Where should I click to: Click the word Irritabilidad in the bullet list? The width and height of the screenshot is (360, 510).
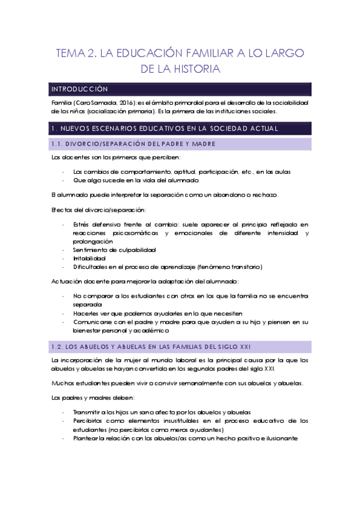[89, 258]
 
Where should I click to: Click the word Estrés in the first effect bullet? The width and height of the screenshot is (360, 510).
[81, 224]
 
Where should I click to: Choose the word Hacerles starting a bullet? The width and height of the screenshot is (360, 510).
[87, 313]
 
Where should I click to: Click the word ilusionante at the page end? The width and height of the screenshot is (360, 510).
[278, 438]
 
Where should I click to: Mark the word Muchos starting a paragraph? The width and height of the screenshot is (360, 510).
[63, 382]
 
